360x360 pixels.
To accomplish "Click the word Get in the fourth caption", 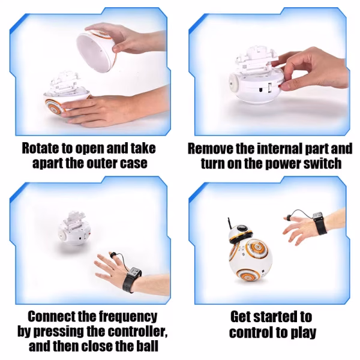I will (x=241, y=317).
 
